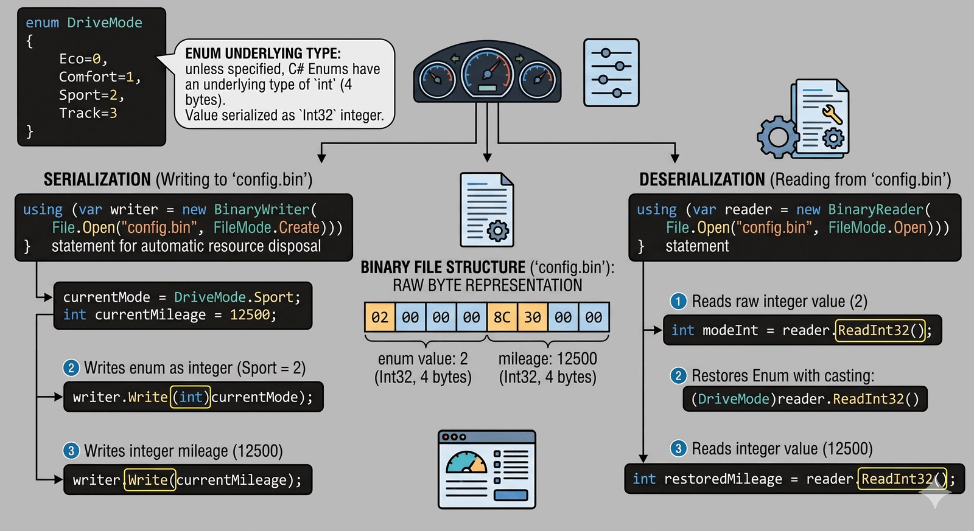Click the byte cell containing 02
tap(379, 317)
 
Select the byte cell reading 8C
tap(502, 317)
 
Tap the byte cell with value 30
tap(533, 317)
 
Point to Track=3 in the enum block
tap(88, 113)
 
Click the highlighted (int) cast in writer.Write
tap(191, 397)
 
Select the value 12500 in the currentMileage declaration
tap(250, 314)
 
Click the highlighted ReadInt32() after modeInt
tap(880, 330)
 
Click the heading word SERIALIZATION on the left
tap(97, 179)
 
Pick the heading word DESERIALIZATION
tap(702, 179)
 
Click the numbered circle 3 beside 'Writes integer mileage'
tap(71, 451)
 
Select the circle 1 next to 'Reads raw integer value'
tap(678, 301)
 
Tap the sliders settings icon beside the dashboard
tap(611, 73)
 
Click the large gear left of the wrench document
tap(777, 137)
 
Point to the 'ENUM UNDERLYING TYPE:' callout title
tap(263, 54)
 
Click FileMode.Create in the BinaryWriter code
tap(266, 227)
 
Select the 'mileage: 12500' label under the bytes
tap(547, 358)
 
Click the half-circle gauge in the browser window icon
tap(466, 463)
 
